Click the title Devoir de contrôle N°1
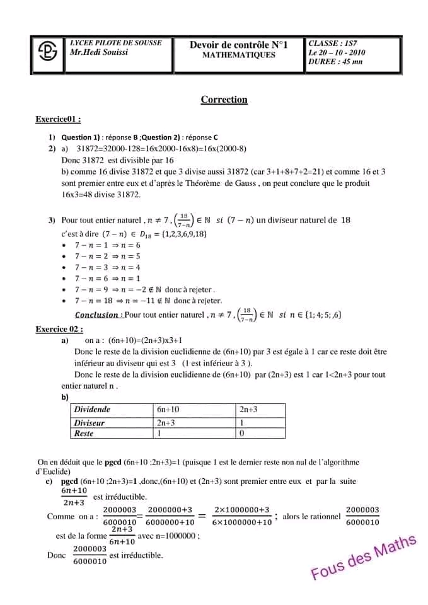[238, 45]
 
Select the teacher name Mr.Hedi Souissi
[99, 52]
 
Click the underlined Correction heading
[224, 100]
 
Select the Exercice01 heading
[58, 119]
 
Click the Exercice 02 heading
[59, 329]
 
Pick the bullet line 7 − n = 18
[148, 301]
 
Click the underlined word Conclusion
[96, 314]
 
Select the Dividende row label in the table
[92, 410]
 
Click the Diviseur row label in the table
[89, 423]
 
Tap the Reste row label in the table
[84, 434]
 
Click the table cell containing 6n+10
[168, 410]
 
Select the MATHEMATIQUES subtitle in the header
[238, 55]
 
